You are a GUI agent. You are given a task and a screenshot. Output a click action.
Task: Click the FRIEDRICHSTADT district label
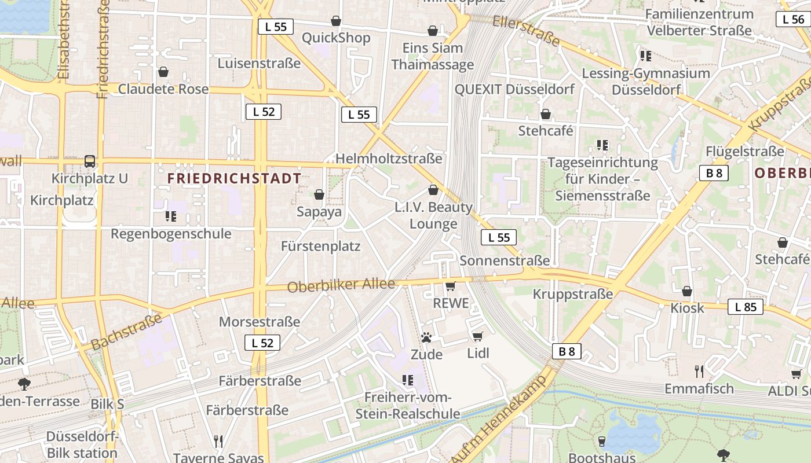tap(234, 178)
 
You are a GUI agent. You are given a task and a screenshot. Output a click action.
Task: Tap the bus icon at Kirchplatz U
tap(90, 161)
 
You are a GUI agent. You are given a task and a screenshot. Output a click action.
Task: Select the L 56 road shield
tap(793, 19)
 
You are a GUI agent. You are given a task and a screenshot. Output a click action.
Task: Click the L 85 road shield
tap(746, 307)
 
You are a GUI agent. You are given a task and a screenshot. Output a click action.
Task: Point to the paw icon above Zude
tap(427, 337)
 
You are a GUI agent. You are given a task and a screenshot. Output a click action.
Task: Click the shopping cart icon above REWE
tap(450, 286)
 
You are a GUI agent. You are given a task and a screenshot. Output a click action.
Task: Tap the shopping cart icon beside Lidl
tap(478, 336)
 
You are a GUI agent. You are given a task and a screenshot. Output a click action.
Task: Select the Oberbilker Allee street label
tap(341, 285)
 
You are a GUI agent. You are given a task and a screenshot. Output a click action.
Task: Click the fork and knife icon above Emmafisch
tap(699, 371)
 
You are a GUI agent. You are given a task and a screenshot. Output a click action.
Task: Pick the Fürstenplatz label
tap(320, 246)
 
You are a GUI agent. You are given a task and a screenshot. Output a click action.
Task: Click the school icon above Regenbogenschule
tap(170, 216)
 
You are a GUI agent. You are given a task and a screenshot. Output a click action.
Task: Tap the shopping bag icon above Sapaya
tap(319, 194)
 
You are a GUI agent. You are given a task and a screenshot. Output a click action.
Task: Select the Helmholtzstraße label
tap(389, 159)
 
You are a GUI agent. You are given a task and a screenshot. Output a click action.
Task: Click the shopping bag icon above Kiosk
tap(687, 291)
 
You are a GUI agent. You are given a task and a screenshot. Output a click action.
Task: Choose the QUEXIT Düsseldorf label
tap(514, 89)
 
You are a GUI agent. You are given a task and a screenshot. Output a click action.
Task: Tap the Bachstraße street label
tap(126, 332)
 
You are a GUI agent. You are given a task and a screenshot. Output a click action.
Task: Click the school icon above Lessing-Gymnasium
tap(646, 56)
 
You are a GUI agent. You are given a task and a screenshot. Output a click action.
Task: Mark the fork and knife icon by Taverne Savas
tap(218, 442)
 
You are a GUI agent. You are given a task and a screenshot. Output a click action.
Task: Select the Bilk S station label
tap(107, 404)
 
